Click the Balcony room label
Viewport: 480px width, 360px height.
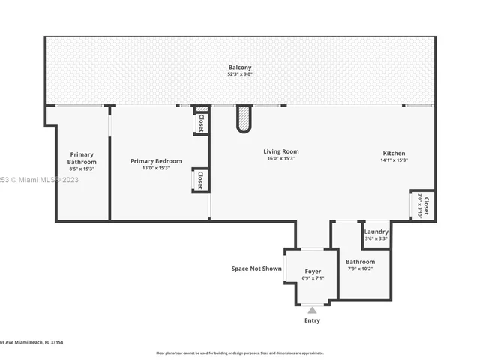point(240,67)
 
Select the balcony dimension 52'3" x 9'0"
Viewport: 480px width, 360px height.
point(240,75)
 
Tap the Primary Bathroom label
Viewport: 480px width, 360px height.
point(82,158)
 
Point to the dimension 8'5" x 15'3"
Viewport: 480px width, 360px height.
point(82,169)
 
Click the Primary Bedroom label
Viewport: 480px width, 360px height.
point(156,160)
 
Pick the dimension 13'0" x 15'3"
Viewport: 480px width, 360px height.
point(156,168)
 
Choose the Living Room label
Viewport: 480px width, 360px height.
point(281,151)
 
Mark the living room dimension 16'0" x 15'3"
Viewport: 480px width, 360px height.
point(281,158)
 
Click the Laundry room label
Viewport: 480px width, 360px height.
point(376,232)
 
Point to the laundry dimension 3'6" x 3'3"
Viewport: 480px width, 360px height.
point(376,238)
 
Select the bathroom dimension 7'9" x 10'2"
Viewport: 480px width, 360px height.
point(360,268)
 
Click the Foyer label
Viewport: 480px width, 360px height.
point(313,271)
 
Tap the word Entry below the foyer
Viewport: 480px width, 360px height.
point(312,320)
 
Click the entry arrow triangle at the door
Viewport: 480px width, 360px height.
point(312,308)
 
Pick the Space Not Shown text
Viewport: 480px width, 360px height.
point(256,268)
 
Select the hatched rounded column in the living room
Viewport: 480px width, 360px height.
point(244,118)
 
